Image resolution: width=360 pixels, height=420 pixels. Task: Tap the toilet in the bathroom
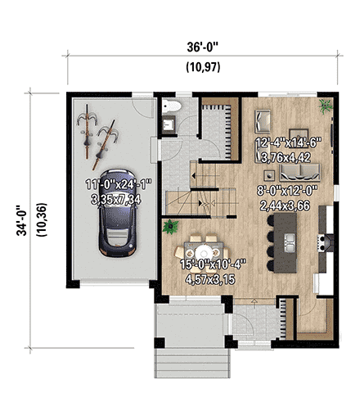(171, 106)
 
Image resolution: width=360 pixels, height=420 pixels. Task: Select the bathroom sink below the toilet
(170, 124)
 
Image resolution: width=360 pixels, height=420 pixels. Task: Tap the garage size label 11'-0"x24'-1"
(115, 185)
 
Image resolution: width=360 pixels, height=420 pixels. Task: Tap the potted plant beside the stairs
(173, 225)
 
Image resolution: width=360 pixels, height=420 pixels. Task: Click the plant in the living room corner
(325, 105)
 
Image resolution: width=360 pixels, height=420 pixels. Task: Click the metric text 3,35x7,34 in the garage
(115, 199)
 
